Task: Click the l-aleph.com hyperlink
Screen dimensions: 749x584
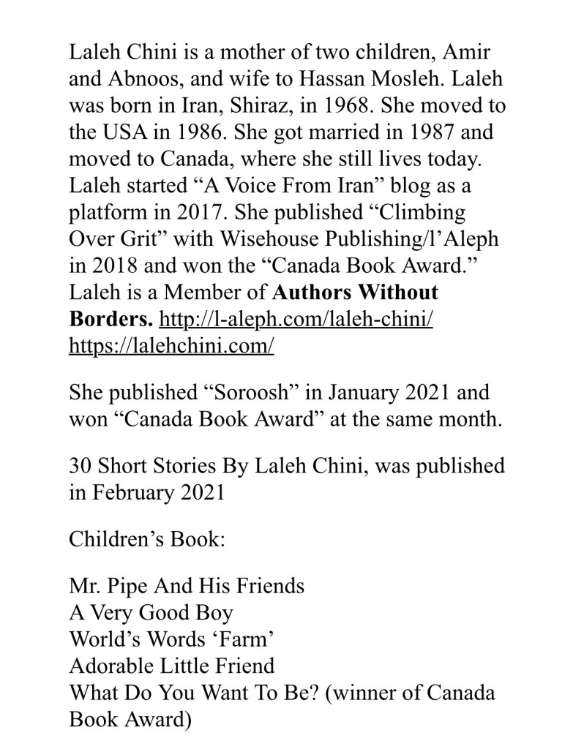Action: click(x=296, y=320)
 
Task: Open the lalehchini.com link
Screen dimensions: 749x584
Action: click(x=171, y=346)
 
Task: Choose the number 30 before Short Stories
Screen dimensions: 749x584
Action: click(x=81, y=466)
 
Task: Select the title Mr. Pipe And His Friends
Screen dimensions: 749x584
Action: click(x=187, y=587)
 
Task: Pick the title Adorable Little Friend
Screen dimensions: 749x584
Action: click(x=172, y=666)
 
